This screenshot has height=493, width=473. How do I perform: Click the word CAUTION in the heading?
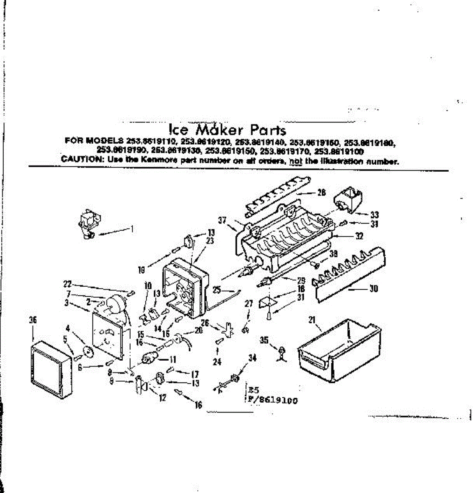(x=78, y=159)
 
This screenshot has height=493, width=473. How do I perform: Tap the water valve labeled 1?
(x=87, y=224)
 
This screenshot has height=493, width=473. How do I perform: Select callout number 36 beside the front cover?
(x=34, y=320)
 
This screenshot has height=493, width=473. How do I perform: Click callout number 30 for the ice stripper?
(x=373, y=288)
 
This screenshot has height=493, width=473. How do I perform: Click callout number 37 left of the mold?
(x=222, y=221)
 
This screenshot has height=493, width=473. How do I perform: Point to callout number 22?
(x=67, y=283)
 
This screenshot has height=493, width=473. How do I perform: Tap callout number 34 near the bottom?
(x=252, y=358)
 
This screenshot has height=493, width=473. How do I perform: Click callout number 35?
(x=264, y=340)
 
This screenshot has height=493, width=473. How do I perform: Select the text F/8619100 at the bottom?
(x=272, y=401)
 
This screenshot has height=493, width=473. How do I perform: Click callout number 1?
(x=132, y=229)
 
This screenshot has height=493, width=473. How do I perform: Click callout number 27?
(x=248, y=303)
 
